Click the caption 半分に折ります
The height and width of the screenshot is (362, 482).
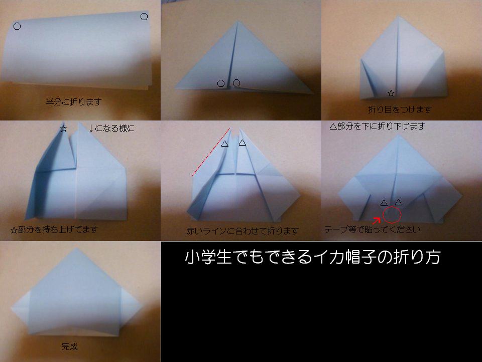click(73, 102)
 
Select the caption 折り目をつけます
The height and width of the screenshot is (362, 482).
click(400, 109)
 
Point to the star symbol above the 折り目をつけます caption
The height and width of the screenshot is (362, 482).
click(391, 93)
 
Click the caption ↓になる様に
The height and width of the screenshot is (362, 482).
click(111, 128)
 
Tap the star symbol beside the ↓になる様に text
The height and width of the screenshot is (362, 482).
click(64, 129)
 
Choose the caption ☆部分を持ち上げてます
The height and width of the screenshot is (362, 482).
click(54, 229)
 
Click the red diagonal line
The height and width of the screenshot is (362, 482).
click(211, 152)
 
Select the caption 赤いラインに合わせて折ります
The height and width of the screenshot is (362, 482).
click(243, 231)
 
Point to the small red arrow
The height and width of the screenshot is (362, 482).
click(377, 220)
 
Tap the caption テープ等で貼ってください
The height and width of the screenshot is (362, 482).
click(373, 229)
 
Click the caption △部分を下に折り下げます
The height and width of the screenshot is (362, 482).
click(378, 126)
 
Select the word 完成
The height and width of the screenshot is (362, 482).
click(69, 346)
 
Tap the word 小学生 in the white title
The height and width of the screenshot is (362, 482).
click(208, 257)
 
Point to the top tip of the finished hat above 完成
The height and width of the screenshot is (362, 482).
click(76, 248)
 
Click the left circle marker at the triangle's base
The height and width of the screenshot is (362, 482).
click(221, 83)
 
